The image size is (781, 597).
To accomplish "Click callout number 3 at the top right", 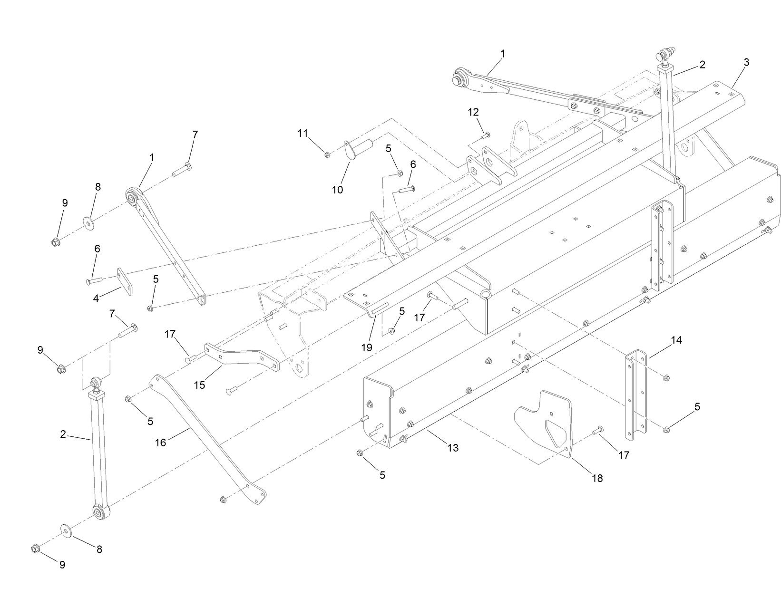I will (x=746, y=62).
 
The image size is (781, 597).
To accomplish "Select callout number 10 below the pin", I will (x=337, y=190).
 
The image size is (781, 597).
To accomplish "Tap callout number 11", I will (x=303, y=134).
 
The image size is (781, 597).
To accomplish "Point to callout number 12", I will (x=473, y=112).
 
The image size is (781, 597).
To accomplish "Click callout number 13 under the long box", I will (x=453, y=447).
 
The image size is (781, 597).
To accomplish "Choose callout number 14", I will (x=676, y=340).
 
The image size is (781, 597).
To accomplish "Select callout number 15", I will (x=200, y=385).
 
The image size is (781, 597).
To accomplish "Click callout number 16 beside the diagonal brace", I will (x=160, y=443).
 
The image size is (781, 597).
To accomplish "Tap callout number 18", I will (x=597, y=478).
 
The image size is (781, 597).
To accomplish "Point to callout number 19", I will (x=366, y=347).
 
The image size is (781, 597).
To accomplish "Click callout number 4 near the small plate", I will (x=96, y=298).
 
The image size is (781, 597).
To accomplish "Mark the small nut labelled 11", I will (x=327, y=154).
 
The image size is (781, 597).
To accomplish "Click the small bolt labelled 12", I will (x=486, y=135).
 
